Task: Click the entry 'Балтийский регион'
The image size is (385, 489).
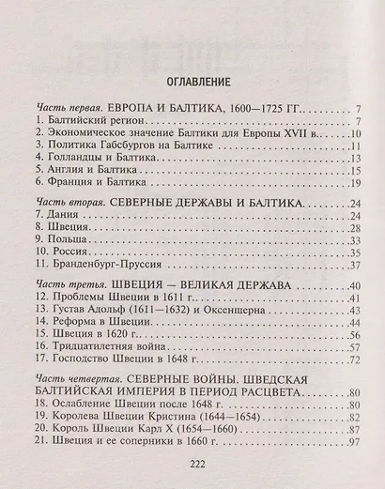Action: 89,122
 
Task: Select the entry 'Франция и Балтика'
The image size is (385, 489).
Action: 89,186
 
